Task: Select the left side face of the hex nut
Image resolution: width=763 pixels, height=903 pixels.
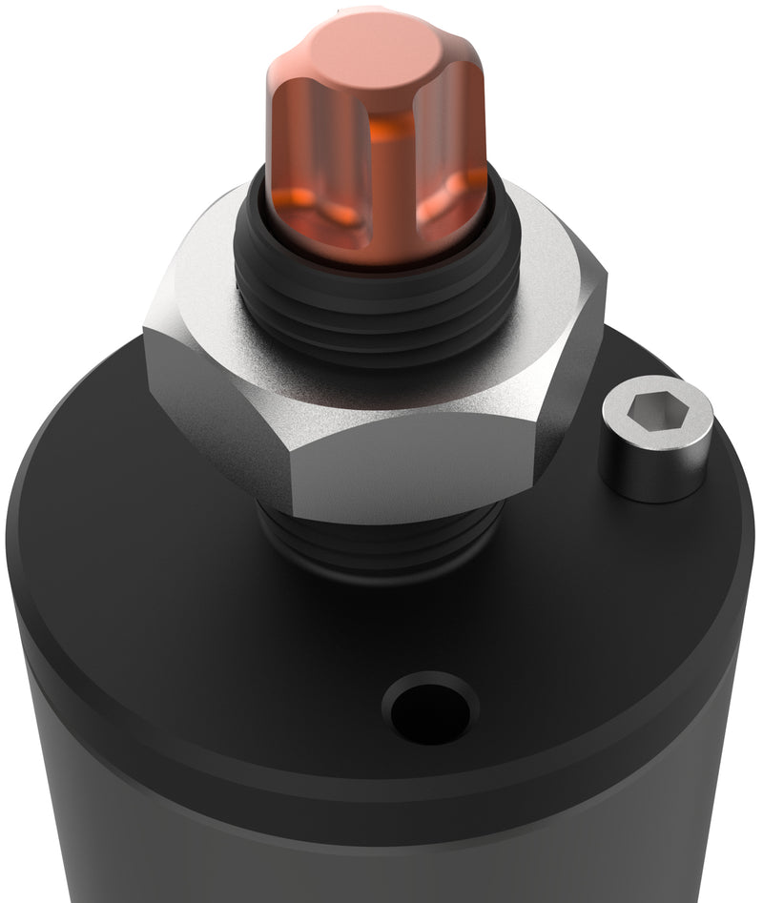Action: click(215, 400)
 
